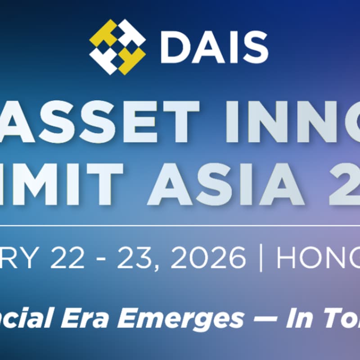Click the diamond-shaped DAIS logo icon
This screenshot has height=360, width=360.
[117, 47]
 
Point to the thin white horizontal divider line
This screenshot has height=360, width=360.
[180, 225]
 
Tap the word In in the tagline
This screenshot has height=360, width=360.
[297, 319]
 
